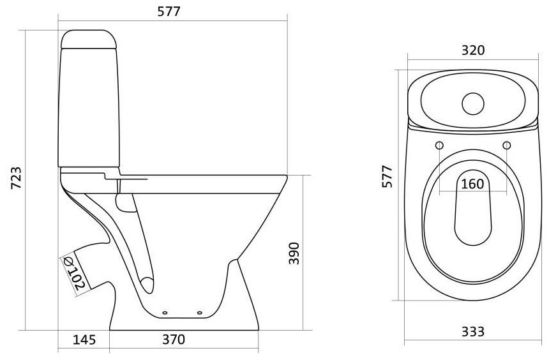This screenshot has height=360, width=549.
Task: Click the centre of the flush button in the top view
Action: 472,104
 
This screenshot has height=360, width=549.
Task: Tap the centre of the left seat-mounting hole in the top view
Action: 439,145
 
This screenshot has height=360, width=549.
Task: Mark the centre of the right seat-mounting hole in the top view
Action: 507,145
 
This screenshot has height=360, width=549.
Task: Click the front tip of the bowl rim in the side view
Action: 287,176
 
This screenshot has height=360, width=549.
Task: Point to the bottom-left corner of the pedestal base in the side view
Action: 110,330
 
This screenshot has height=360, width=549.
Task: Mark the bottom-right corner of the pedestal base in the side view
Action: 259,330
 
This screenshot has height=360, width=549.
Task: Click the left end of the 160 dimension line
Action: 439,192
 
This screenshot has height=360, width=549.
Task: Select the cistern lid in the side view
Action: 89,39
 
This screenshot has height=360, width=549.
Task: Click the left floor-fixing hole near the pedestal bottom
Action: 165,312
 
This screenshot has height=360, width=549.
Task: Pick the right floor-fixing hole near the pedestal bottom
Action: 200,312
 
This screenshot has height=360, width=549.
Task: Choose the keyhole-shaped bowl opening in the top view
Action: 472,207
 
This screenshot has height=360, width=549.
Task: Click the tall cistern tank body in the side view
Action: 89,108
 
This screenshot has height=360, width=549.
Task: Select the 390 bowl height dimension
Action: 294,253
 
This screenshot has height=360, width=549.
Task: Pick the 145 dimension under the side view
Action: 84,340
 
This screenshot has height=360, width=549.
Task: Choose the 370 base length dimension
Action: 174,340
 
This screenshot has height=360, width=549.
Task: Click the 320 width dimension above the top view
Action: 473,50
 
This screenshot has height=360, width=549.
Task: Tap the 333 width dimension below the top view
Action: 472,332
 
